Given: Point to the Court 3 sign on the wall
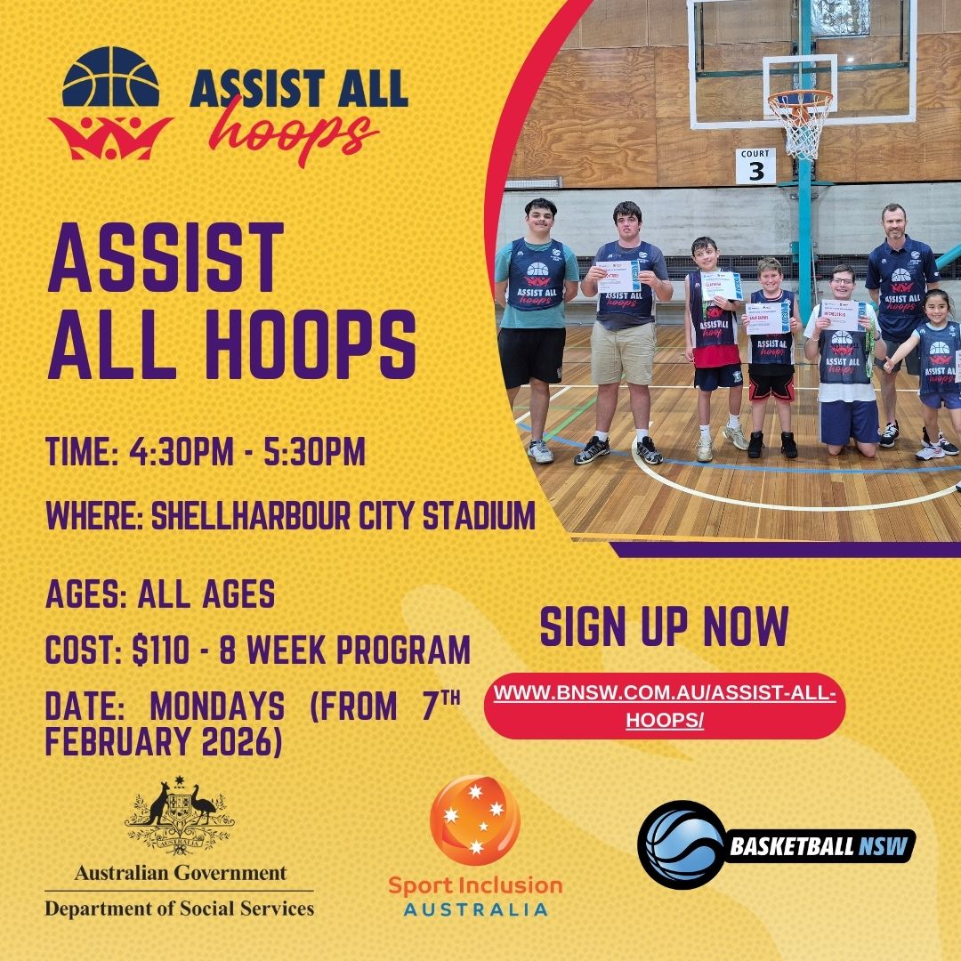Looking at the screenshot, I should (x=755, y=166).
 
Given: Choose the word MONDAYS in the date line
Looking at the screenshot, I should (x=218, y=707).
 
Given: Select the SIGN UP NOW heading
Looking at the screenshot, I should (x=664, y=626).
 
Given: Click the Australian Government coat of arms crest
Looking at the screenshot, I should (x=178, y=814).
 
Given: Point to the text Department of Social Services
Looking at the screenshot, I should (x=179, y=909).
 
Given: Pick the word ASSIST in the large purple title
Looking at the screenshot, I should (x=166, y=259).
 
